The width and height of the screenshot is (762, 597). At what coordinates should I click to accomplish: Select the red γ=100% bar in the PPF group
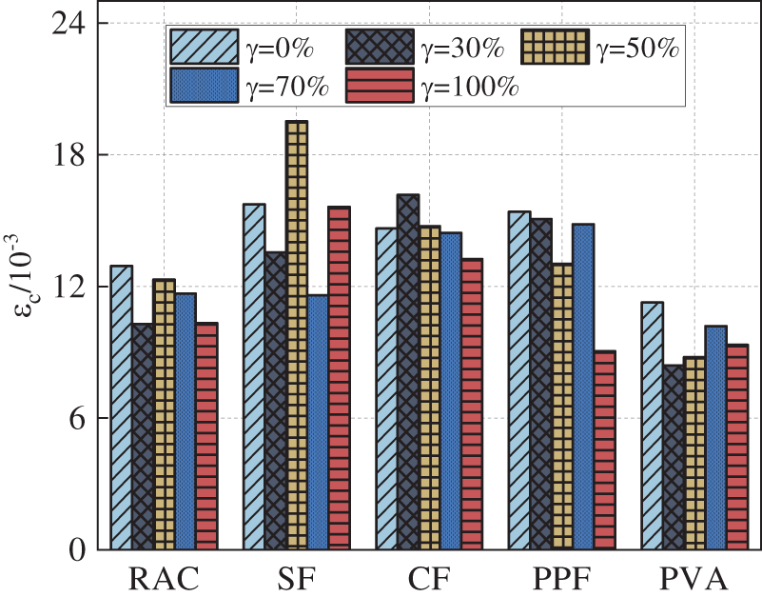tap(605, 450)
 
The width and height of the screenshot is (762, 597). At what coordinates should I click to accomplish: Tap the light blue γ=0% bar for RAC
tap(122, 408)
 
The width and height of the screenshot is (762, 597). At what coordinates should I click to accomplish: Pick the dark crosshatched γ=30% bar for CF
tap(408, 372)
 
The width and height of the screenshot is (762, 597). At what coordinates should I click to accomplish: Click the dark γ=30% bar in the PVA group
tap(674, 457)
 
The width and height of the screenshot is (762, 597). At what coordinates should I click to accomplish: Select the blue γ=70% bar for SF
tap(318, 422)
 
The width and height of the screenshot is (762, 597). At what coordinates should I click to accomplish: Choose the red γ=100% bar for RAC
tap(206, 436)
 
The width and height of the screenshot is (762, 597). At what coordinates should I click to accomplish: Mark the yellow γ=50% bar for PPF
tap(562, 407)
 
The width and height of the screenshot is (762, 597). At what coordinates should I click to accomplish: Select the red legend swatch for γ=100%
tap(379, 87)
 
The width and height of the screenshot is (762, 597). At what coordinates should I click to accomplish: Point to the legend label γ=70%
tap(287, 87)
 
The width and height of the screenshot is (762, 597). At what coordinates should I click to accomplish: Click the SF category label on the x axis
tap(297, 578)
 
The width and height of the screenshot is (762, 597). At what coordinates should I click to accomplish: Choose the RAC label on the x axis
tap(164, 578)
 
